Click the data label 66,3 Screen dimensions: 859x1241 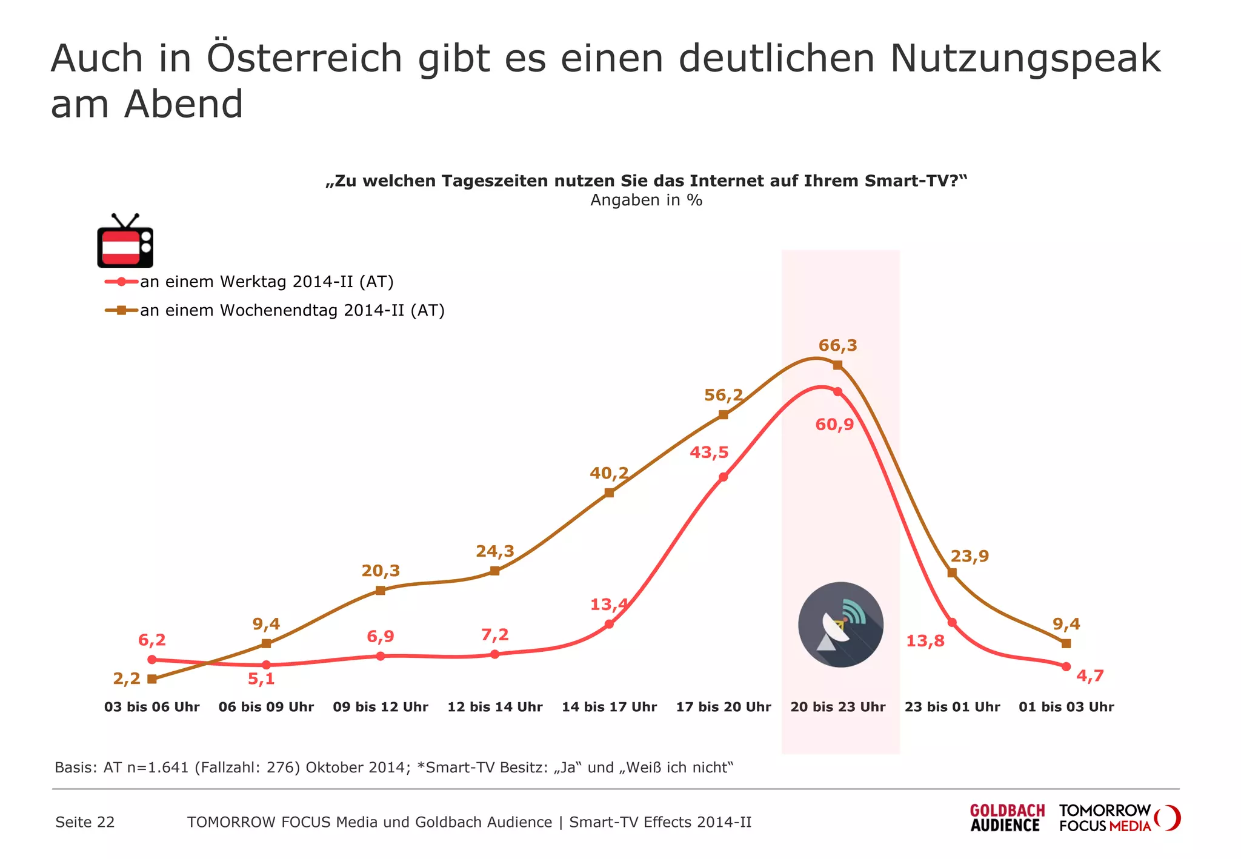pyautogui.click(x=837, y=345)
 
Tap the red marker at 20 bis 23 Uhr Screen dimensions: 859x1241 pyautogui.click(x=837, y=392)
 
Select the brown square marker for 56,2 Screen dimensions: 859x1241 pyautogui.click(x=723, y=415)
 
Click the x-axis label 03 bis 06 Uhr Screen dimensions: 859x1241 pyautogui.click(x=151, y=707)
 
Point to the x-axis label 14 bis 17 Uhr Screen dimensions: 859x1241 pyautogui.click(x=609, y=707)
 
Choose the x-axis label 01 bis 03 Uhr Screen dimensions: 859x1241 pyautogui.click(x=1066, y=707)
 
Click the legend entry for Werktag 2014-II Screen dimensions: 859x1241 pyautogui.click(x=267, y=282)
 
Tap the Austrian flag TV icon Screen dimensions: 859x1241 pyautogui.click(x=125, y=242)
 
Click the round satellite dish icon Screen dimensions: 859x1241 pyautogui.click(x=840, y=625)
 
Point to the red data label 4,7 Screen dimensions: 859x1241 pyautogui.click(x=1090, y=676)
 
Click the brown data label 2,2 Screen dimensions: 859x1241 pyautogui.click(x=127, y=679)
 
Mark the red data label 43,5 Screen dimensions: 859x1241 pyautogui.click(x=709, y=453)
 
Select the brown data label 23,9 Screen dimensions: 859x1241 pyautogui.click(x=970, y=556)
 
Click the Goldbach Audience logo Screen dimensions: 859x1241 pyautogui.click(x=1007, y=818)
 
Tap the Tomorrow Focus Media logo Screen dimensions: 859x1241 pyautogui.click(x=1119, y=818)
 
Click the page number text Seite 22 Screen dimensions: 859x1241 pyautogui.click(x=85, y=822)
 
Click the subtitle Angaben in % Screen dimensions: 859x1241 pyautogui.click(x=646, y=200)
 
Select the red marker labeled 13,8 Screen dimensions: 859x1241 pyautogui.click(x=952, y=623)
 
